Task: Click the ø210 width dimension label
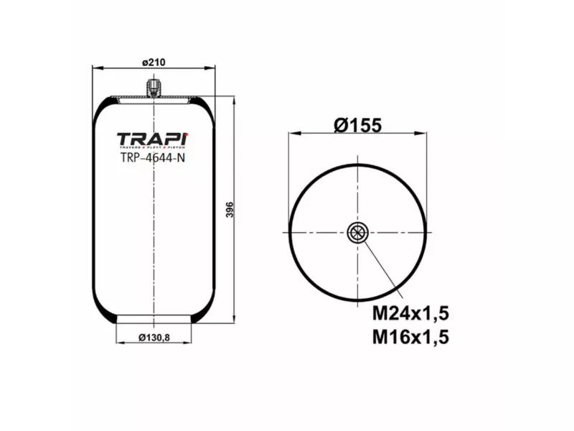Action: [x=154, y=62]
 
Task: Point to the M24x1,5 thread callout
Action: [x=410, y=314]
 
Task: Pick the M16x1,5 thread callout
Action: [x=410, y=336]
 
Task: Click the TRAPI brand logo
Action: [x=152, y=139]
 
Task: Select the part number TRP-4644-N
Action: [x=153, y=159]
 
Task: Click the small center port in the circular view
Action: [x=357, y=232]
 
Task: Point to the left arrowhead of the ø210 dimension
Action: [x=95, y=70]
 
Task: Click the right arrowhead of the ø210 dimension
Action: [x=212, y=70]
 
